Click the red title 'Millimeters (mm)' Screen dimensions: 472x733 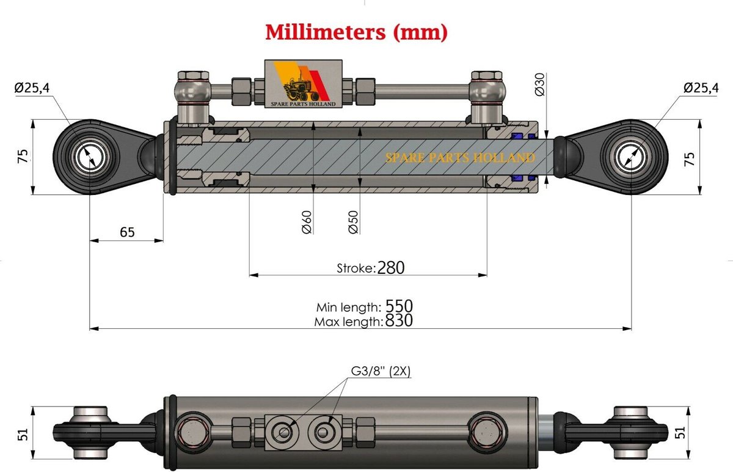(x=356, y=32)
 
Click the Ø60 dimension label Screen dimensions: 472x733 (x=307, y=222)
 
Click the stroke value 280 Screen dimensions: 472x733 (x=392, y=268)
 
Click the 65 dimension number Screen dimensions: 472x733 (x=127, y=232)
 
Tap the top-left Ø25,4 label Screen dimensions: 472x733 (x=32, y=89)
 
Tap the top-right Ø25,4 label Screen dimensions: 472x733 (x=701, y=88)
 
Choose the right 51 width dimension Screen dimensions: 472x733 (x=709, y=433)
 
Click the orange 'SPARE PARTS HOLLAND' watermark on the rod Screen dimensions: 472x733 (x=460, y=158)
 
